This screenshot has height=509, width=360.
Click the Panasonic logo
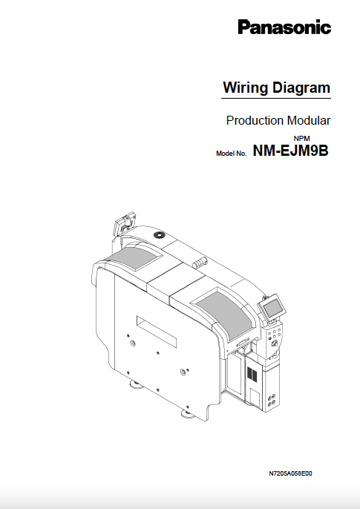point(284,28)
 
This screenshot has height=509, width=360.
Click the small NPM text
point(301,138)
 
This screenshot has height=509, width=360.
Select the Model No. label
point(231,153)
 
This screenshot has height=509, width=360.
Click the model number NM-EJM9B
point(291,151)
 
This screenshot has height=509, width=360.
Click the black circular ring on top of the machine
point(158,234)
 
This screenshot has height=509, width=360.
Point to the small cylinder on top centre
point(197,263)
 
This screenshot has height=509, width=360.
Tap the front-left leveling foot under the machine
point(138,384)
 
